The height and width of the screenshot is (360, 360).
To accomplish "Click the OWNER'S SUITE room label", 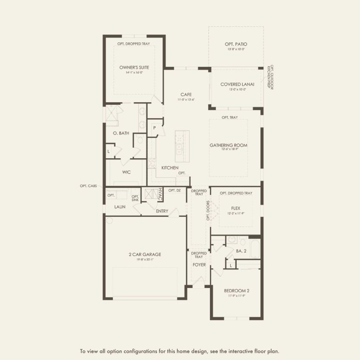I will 134,68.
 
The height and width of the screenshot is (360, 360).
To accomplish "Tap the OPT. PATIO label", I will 235,44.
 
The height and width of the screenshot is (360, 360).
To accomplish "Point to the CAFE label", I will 186,94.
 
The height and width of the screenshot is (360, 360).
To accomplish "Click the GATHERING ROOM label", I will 229,145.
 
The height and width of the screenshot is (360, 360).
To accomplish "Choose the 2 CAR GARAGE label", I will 144,254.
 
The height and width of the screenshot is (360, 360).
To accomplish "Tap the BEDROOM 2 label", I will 236,291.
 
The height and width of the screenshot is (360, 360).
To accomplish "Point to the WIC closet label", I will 126,172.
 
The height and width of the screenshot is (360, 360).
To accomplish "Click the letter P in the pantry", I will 154,128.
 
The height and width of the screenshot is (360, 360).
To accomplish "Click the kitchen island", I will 179,144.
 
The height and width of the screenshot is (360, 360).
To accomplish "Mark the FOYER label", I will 199,265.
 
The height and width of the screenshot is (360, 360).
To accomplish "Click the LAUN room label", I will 119,207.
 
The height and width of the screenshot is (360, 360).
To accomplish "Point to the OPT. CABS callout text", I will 89,186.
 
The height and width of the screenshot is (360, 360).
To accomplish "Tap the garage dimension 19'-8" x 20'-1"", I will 144,260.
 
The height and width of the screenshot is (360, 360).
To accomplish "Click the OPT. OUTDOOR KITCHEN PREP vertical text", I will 270,78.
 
